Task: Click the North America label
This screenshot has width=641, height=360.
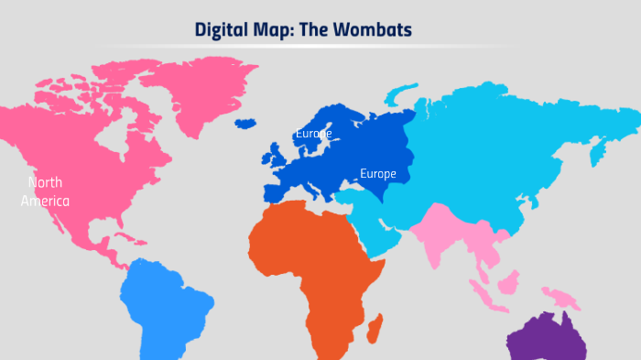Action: pos(45,191)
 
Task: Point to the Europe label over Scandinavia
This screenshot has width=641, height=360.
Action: pos(313,134)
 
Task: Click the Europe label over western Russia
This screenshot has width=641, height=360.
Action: pos(377,173)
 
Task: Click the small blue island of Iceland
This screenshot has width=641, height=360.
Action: pos(244,123)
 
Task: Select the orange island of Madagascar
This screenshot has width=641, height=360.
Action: pos(374,327)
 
